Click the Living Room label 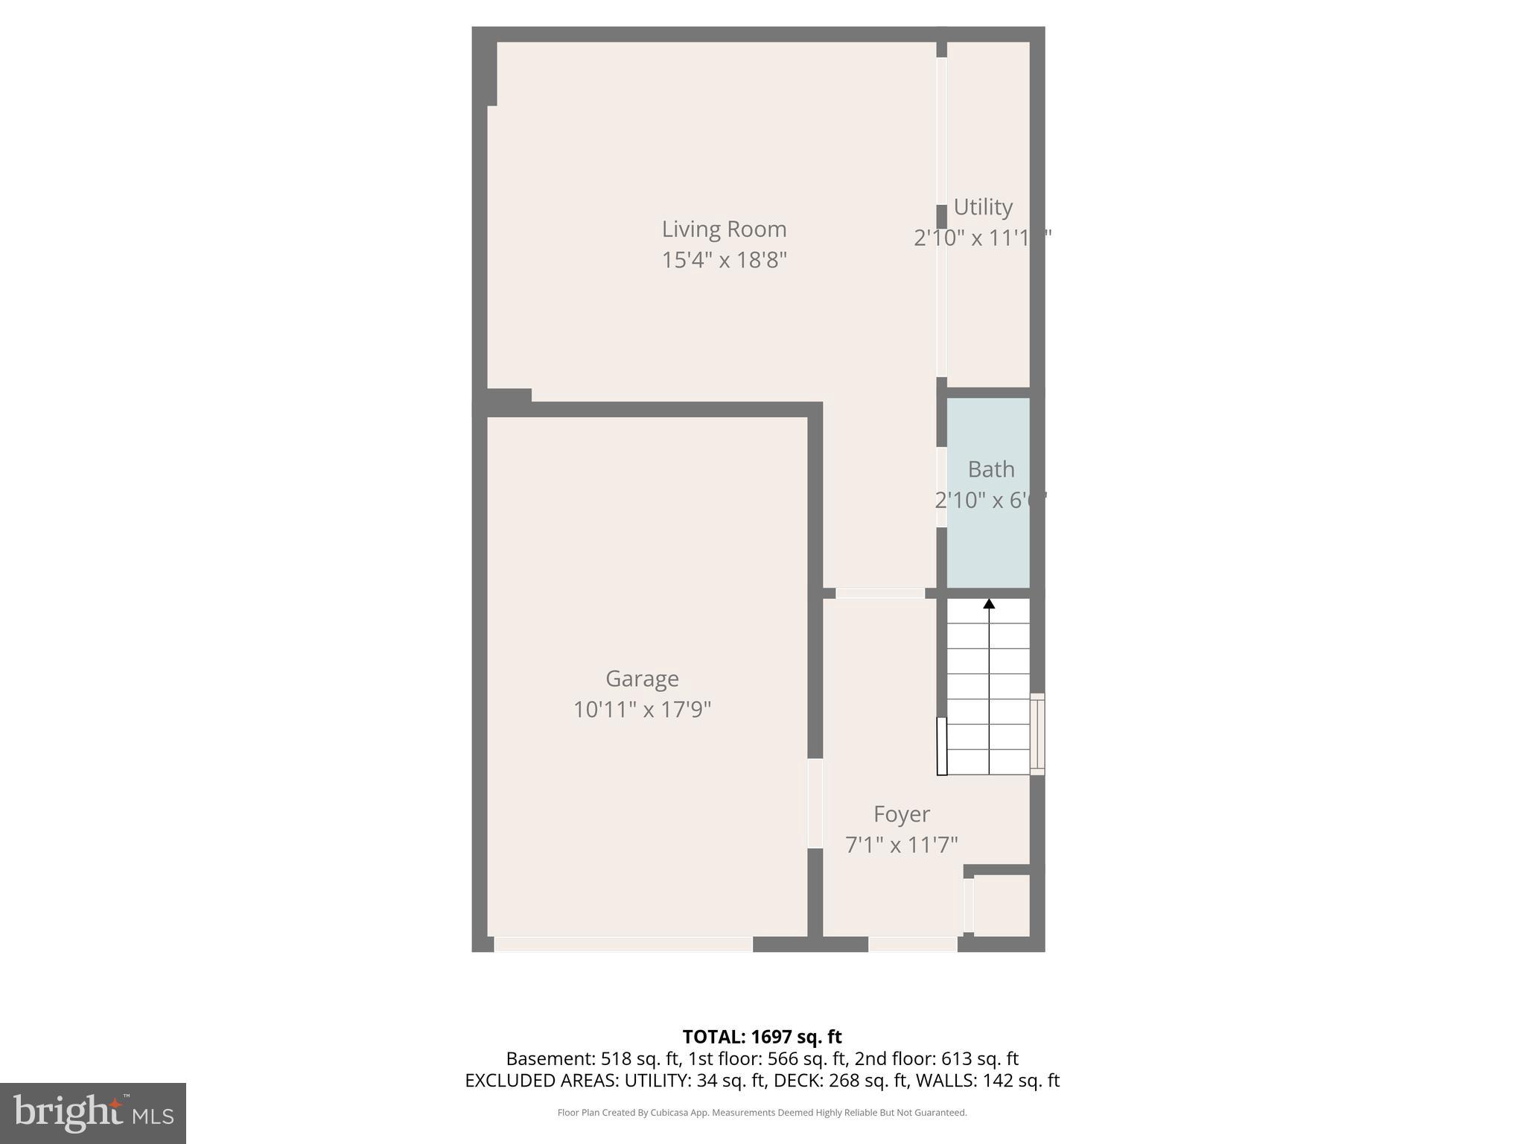pos(724,229)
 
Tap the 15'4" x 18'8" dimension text pos(724,261)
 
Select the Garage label pos(642,679)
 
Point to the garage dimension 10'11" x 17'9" pos(642,710)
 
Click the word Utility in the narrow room pos(983,207)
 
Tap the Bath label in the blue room pos(991,470)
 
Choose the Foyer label pos(901,814)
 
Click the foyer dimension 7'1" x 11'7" pos(901,845)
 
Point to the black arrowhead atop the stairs pos(989,603)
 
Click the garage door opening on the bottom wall pos(623,944)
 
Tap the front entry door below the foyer pos(912,944)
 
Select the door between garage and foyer pos(815,803)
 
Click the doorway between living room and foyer pos(879,594)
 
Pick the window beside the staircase pos(1037,734)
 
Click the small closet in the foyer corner pos(1002,905)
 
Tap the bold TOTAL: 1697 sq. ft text pos(762,1037)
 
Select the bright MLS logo pos(93,1113)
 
